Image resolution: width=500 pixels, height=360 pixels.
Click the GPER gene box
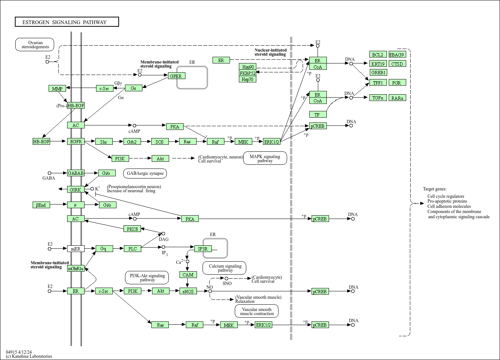tap(176, 76)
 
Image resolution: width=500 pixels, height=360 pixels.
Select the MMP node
tap(57, 89)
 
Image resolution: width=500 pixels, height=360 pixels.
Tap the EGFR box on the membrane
tap(76, 141)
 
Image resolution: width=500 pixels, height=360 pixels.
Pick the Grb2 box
tap(132, 142)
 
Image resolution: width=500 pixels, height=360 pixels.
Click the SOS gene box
tap(159, 142)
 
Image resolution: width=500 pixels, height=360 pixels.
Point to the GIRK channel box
tap(75, 190)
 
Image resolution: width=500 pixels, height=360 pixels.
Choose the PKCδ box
tap(132, 229)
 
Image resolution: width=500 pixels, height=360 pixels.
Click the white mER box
tap(76, 249)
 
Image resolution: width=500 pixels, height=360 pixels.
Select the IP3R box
tap(203, 249)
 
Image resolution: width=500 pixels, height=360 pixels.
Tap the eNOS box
tap(188, 291)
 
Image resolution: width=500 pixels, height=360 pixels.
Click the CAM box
tap(188, 275)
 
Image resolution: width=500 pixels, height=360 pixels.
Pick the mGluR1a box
tap(76, 268)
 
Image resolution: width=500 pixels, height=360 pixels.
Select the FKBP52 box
tap(247, 73)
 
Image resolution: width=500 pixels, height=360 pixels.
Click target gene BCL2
tap(378, 55)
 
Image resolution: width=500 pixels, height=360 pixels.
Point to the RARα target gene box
tap(397, 98)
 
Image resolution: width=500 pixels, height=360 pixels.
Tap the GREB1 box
tap(378, 72)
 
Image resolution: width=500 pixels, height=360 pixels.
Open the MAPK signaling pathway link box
tap(265, 158)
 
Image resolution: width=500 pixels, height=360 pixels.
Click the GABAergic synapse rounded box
tap(145, 173)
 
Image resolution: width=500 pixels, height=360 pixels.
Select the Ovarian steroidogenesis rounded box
tap(35, 45)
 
